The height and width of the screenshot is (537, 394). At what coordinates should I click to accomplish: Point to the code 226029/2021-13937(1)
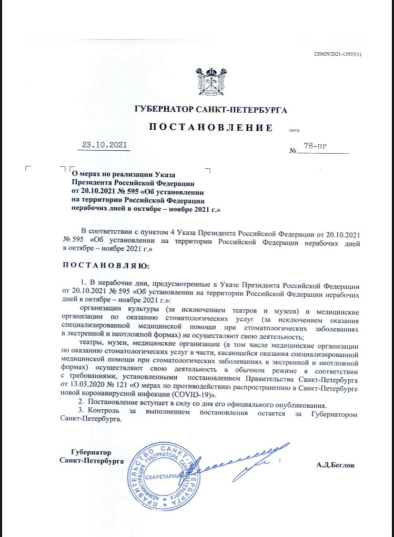point(338,54)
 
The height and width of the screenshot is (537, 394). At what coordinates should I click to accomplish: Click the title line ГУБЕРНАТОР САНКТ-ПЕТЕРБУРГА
point(211,110)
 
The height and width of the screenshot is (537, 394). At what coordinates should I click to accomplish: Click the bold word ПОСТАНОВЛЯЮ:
point(106,265)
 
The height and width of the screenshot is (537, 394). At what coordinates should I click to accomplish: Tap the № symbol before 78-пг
point(292,152)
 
